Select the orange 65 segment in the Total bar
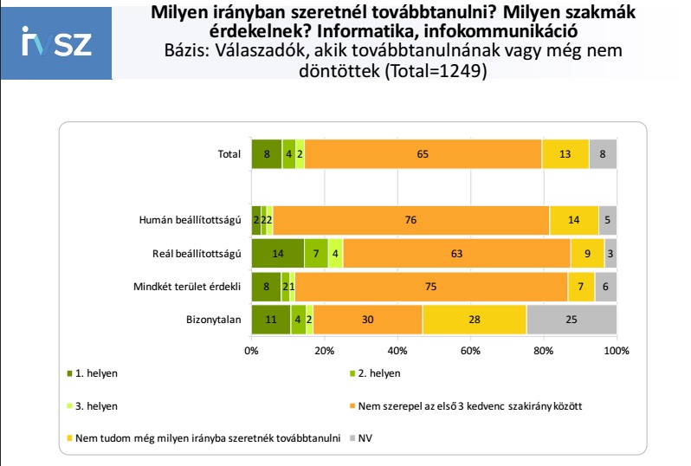(423, 154)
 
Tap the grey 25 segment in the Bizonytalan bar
(571, 318)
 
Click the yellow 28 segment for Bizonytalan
(474, 318)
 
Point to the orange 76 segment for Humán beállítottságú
(410, 219)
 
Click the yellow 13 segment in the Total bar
(565, 154)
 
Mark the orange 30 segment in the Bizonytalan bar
(367, 318)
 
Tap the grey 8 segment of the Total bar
(602, 154)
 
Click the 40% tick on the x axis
(397, 351)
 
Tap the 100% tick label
(616, 351)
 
